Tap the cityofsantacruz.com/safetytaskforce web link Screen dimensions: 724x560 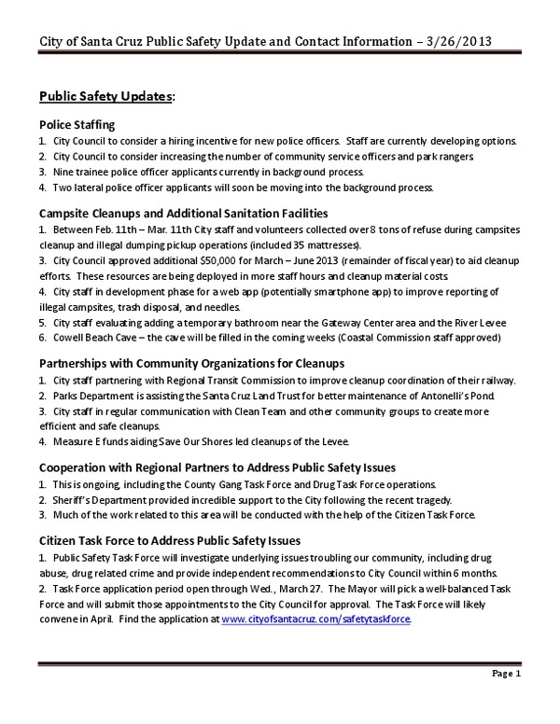click(316, 619)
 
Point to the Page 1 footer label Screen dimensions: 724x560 click(504, 673)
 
